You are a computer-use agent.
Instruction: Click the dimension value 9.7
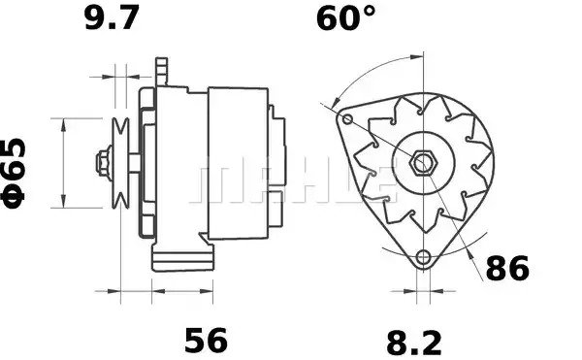pos(112,17)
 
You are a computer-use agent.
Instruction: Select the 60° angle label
pos(346,17)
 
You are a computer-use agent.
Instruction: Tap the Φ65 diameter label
pos(15,174)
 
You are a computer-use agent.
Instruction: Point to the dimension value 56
pos(206,340)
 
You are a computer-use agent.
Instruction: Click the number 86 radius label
pos(507,268)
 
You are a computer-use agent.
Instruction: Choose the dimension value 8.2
pos(414,343)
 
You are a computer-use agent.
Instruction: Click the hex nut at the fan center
pos(423,163)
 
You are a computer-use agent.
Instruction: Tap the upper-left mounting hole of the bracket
pos(347,119)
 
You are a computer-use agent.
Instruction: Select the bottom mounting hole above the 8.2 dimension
pos(423,256)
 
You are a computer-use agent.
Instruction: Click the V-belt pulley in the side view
pos(120,163)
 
